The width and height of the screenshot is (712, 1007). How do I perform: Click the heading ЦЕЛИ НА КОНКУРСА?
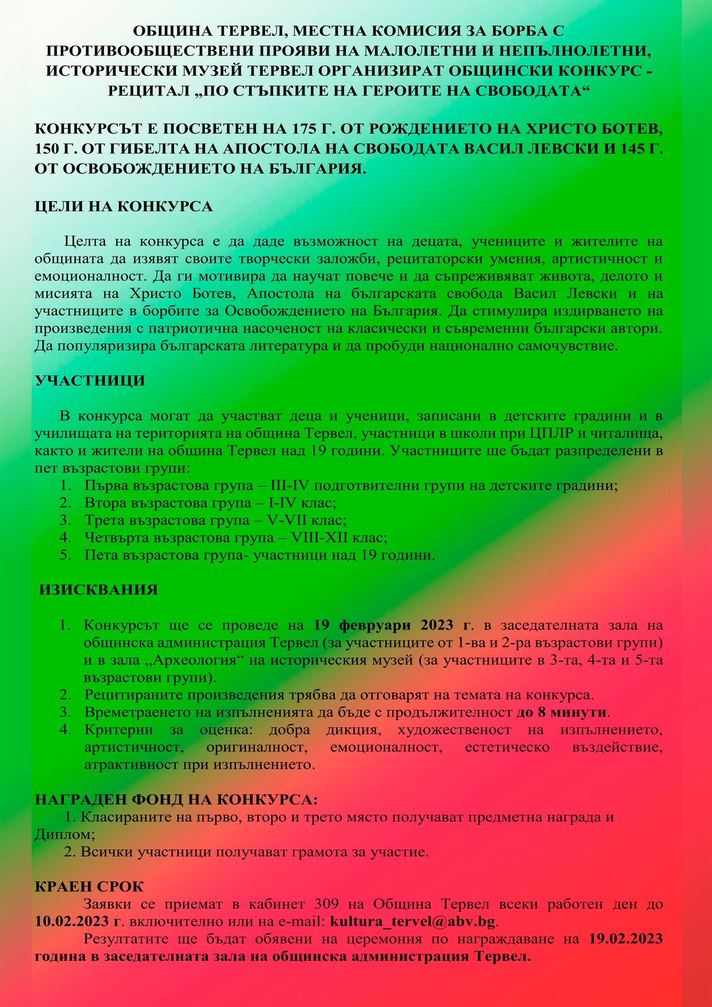[x=123, y=206]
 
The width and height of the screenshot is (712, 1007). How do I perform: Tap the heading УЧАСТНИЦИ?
[x=90, y=381]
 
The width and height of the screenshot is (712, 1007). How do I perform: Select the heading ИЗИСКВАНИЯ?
[x=99, y=590]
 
